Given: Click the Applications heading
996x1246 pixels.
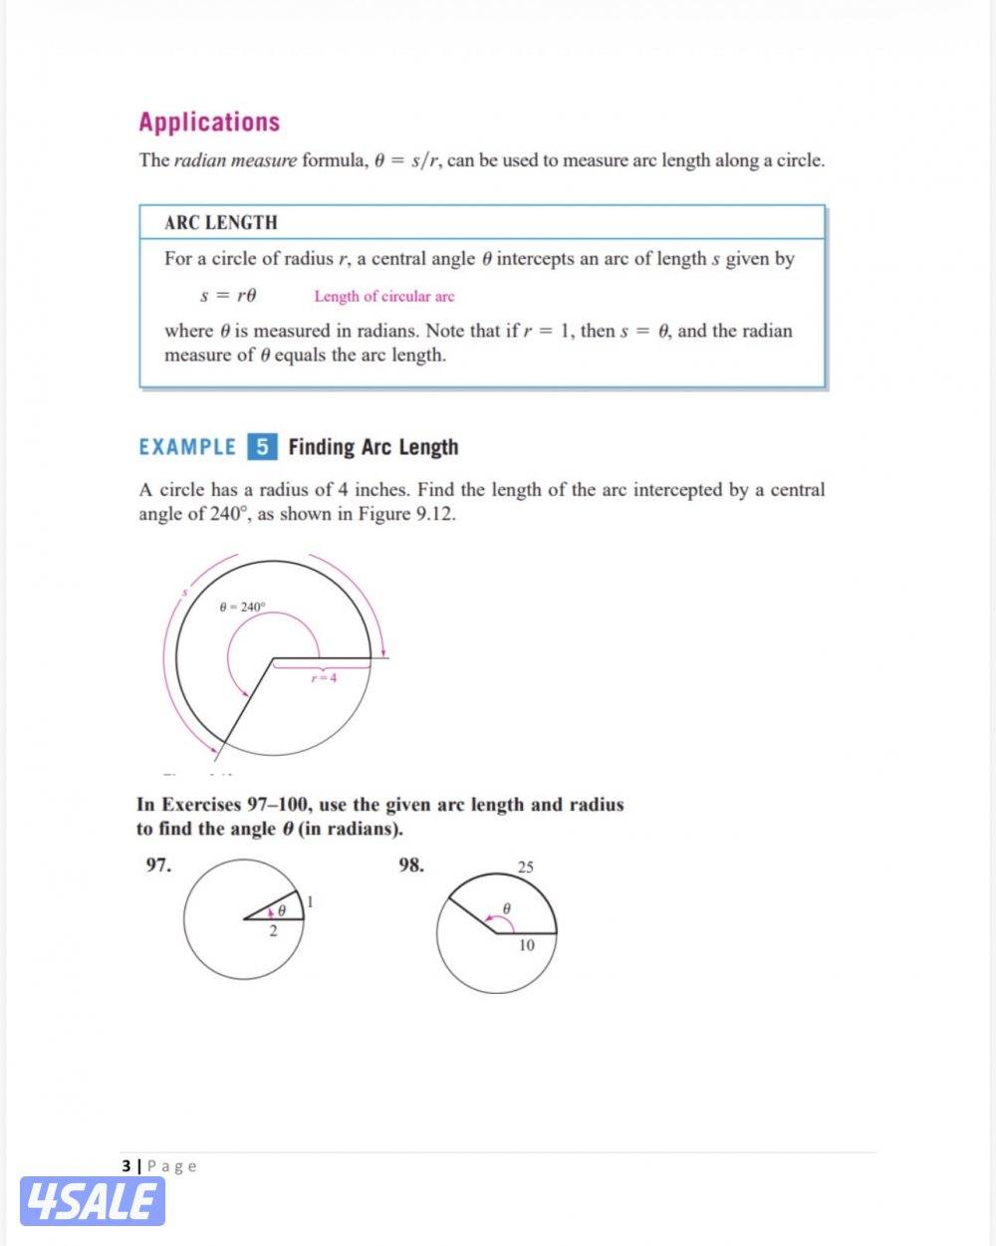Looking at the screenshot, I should click(x=209, y=123).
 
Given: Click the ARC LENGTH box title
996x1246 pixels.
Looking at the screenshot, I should click(x=221, y=222).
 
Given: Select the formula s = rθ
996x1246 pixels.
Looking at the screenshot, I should click(x=229, y=295).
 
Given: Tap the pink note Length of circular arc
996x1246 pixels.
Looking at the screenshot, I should click(x=383, y=296).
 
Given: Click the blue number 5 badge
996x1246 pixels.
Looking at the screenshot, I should click(x=262, y=446).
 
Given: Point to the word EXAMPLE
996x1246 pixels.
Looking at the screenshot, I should click(x=187, y=447).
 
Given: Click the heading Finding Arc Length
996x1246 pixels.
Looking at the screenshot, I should click(x=373, y=447).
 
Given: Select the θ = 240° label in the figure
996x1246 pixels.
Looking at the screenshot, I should click(x=242, y=607).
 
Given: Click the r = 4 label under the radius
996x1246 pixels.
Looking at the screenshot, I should click(x=323, y=678).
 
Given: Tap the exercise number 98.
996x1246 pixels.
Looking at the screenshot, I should click(x=411, y=865).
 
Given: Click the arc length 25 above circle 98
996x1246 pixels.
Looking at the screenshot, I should click(x=526, y=867).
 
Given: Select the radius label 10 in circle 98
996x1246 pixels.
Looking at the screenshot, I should click(x=526, y=945).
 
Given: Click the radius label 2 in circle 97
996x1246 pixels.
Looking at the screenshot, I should click(x=274, y=932).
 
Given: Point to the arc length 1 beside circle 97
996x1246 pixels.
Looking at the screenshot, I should click(x=310, y=902).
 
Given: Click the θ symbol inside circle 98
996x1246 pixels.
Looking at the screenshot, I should click(x=506, y=908).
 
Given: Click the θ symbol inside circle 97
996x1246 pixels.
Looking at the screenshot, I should click(x=282, y=910).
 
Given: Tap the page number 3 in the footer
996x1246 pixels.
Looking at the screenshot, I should click(x=125, y=1165).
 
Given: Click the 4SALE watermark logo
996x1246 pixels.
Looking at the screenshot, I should click(x=92, y=1201).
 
